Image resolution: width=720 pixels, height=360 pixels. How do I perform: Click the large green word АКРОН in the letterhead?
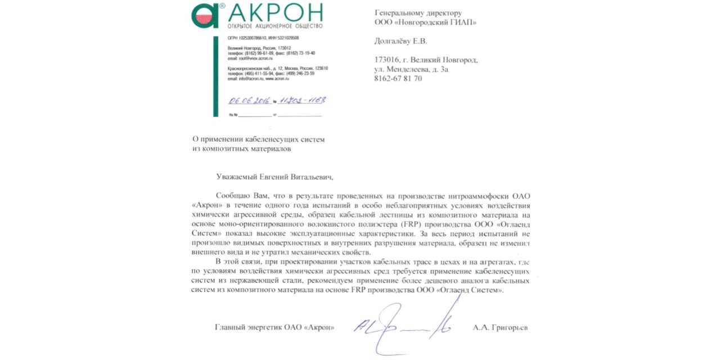coord(276,13)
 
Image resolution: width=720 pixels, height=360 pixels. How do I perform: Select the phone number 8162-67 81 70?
coord(398,79)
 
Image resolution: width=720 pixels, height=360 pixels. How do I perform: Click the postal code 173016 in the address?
coord(387,60)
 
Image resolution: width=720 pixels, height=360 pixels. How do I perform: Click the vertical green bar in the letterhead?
coord(215,76)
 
